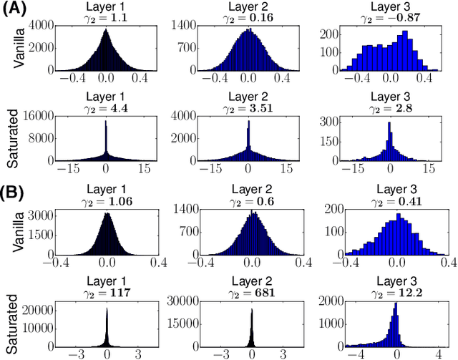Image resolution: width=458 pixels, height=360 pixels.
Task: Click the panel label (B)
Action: click(14, 192)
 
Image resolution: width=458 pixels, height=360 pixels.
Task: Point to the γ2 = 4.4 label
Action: click(107, 110)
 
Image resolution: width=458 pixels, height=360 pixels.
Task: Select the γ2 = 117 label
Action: click(107, 293)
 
